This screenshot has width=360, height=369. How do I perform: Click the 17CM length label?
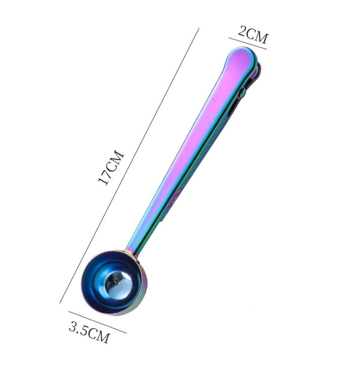(x=111, y=168)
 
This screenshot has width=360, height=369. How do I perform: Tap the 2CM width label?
(x=253, y=35)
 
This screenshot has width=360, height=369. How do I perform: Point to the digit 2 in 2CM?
(x=242, y=31)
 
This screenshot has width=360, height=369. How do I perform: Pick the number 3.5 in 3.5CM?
(x=78, y=328)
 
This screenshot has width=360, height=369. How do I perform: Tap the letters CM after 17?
(x=115, y=159)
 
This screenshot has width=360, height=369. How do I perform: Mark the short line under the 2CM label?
(x=248, y=43)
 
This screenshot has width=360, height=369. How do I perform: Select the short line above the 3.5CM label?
(x=97, y=322)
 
